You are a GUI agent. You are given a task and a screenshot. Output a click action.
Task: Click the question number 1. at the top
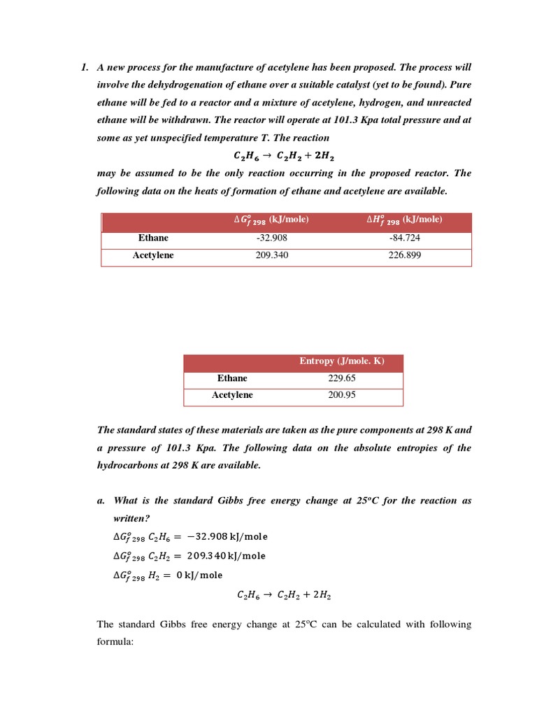pos(84,67)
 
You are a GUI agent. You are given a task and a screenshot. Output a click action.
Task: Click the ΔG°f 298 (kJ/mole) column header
pos(271,220)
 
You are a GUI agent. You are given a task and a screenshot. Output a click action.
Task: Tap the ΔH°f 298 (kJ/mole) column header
pos(404,220)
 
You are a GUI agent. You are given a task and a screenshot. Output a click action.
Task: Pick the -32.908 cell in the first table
pos(272,238)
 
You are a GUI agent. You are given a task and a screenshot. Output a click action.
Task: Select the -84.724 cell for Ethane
pos(404,238)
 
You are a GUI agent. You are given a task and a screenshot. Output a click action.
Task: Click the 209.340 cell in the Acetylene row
pos(272,255)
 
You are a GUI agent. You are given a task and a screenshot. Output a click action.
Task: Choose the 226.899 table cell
pos(404,255)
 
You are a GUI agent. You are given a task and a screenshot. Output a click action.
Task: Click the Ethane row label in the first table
pos(153,238)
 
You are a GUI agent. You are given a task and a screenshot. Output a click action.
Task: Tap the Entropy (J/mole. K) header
pos(342,361)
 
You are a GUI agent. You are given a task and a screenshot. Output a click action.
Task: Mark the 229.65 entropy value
pos(342,378)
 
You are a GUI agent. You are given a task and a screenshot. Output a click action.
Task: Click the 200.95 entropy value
pos(342,395)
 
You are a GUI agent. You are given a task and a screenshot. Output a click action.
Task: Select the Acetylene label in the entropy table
pos(232,395)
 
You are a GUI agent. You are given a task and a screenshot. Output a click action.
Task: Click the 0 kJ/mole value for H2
pos(199,575)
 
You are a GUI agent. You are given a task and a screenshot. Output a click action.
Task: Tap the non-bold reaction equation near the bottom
pos(284,596)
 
